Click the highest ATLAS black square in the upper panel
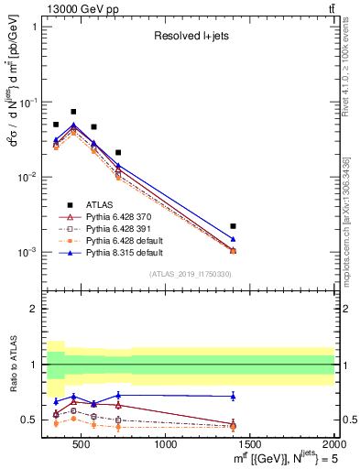click(73, 112)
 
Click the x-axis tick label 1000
click(166, 445)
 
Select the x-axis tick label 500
click(82, 445)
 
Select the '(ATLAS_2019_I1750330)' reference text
click(190, 274)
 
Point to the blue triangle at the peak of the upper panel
click(73, 125)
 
